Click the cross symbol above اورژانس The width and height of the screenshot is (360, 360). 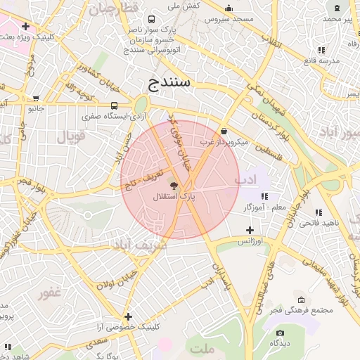pyautogui.click(x=250, y=230)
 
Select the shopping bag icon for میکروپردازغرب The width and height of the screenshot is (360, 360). pyautogui.click(x=224, y=131)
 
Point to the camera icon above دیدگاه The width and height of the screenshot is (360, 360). pyautogui.click(x=280, y=333)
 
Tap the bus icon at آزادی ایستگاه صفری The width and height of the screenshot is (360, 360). pyautogui.click(x=114, y=105)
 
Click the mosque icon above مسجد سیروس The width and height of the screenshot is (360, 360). pyautogui.click(x=228, y=8)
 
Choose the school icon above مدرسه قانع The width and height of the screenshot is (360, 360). pyautogui.click(x=321, y=50)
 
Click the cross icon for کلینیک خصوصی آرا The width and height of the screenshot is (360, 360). pyautogui.click(x=128, y=316)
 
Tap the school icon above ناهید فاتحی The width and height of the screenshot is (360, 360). pyautogui.click(x=319, y=212)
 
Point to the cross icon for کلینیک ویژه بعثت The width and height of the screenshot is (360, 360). pyautogui.click(x=25, y=26)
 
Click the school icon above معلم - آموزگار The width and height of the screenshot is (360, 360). pyautogui.click(x=264, y=196)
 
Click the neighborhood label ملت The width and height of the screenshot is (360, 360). pyautogui.click(x=200, y=348)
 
